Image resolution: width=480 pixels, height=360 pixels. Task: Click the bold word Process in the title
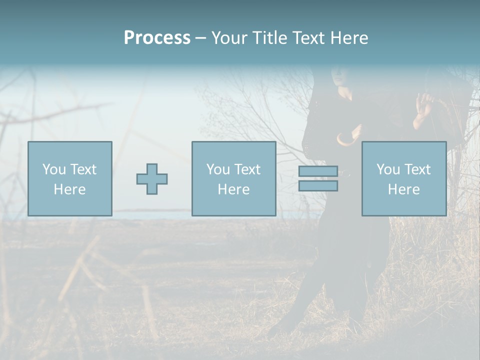click(157, 38)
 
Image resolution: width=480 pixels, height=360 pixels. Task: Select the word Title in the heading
click(270, 38)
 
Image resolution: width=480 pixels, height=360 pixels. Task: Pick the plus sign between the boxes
click(152, 178)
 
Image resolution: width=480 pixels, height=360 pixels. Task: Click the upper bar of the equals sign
click(318, 171)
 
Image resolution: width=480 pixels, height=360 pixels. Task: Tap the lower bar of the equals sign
click(318, 186)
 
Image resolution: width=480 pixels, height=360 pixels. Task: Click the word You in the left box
click(54, 169)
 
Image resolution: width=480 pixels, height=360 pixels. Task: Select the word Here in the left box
click(69, 189)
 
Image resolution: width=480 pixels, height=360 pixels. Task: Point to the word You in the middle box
click(218, 169)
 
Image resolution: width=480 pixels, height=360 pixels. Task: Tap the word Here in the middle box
click(233, 189)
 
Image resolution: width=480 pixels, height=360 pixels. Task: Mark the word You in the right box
click(388, 169)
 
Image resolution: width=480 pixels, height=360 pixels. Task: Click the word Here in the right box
click(403, 189)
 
